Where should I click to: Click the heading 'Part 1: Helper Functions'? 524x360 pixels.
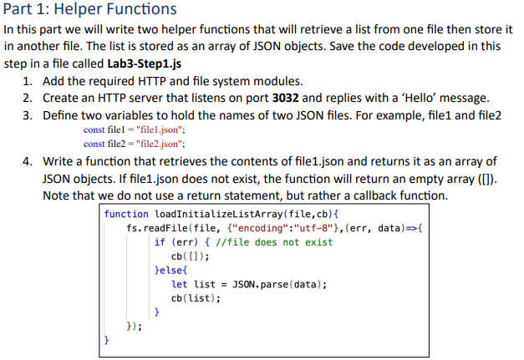coord(90,10)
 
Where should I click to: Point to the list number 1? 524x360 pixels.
coord(28,81)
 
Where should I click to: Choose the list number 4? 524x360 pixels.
coord(28,161)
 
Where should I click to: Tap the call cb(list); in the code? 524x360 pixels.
coord(195,298)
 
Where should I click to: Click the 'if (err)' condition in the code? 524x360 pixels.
coord(178,242)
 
